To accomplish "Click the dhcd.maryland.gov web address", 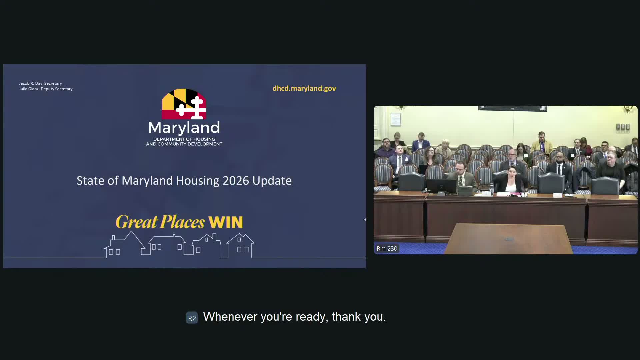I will [x=304, y=88].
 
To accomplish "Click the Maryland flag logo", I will [x=184, y=104].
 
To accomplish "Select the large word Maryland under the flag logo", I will [x=184, y=128].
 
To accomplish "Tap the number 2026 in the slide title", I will [x=236, y=181].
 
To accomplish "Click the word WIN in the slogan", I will [x=226, y=222].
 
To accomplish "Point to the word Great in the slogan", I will [x=137, y=222].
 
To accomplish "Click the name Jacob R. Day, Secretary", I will [x=40, y=83].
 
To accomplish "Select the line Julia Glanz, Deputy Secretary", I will [x=46, y=89].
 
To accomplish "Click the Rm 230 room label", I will [x=387, y=249].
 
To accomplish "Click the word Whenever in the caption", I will [x=230, y=317].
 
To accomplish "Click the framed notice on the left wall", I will [x=396, y=119].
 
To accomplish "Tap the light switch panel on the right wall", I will [x=623, y=127].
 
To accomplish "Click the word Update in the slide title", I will [x=272, y=181].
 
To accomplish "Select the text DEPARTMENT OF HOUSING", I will [x=184, y=139].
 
